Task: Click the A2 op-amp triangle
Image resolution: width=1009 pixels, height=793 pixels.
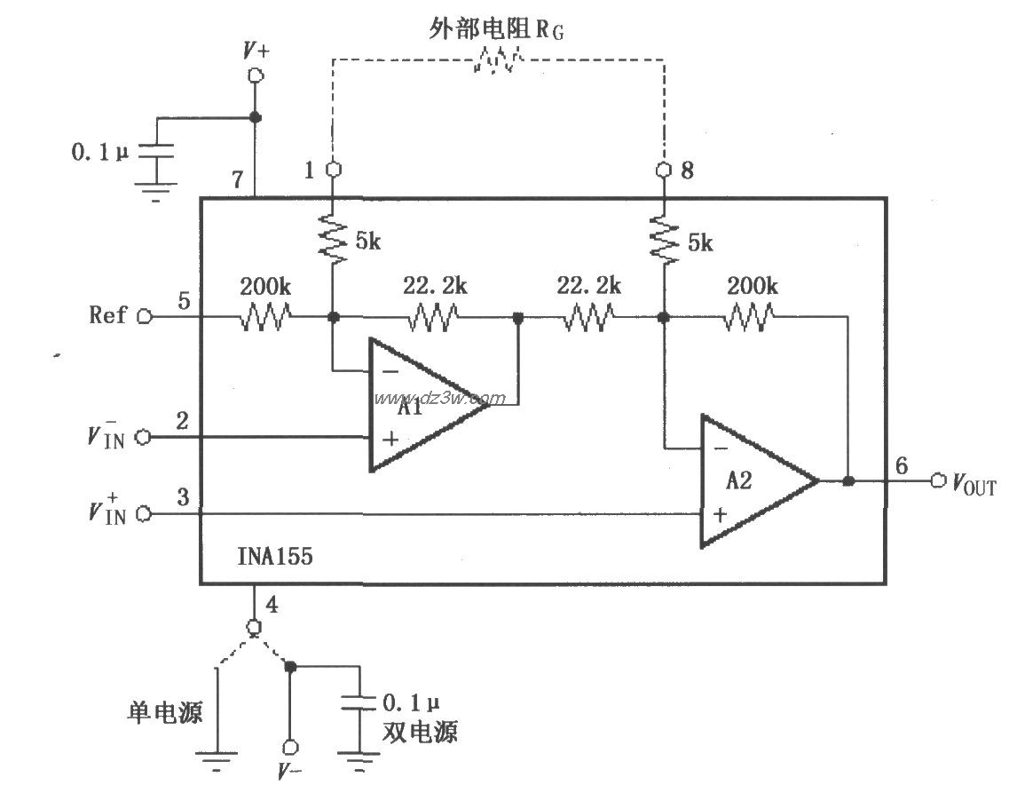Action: click(750, 480)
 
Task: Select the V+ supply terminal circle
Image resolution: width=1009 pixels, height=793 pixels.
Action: click(256, 76)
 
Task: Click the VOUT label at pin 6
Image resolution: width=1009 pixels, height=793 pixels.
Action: click(974, 484)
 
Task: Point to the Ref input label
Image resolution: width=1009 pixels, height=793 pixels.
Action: click(108, 314)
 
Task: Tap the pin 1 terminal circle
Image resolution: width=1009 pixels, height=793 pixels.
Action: click(334, 169)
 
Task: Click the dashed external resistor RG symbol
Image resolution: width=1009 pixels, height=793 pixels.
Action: click(498, 60)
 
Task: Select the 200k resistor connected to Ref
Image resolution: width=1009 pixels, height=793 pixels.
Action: click(264, 316)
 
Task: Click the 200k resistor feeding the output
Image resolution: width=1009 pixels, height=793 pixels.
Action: click(751, 316)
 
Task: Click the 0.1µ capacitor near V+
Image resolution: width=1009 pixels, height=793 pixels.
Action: click(157, 154)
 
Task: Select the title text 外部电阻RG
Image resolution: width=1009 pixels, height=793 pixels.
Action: click(496, 29)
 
